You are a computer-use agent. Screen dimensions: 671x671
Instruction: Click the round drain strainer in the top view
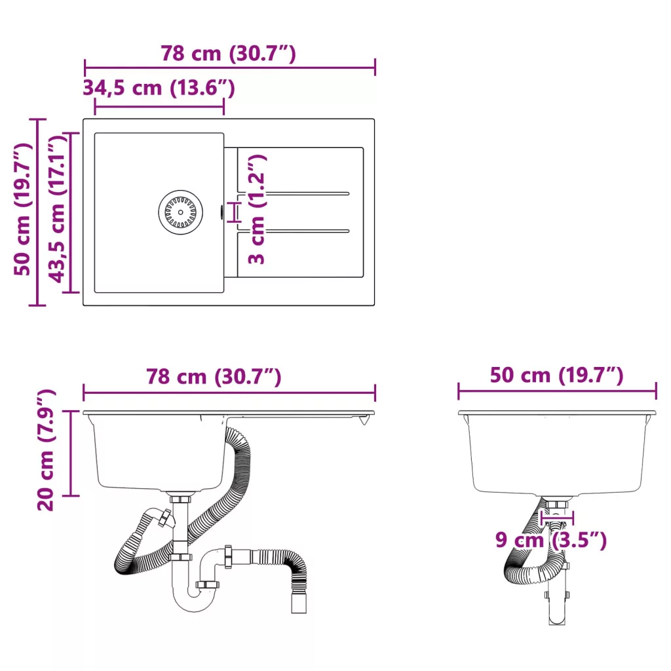[x=180, y=212]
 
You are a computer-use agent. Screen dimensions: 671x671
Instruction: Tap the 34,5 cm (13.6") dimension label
[x=159, y=88]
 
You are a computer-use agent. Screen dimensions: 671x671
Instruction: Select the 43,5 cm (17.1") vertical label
[x=58, y=210]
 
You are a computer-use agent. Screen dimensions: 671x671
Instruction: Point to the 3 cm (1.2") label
[x=257, y=209]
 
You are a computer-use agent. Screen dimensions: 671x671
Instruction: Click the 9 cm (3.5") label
[x=551, y=540]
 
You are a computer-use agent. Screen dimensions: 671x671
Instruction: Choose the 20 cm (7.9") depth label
[x=47, y=450]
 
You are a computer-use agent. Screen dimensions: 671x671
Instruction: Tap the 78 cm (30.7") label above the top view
[x=229, y=54]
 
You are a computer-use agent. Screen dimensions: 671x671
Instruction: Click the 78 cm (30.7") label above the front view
[x=214, y=377]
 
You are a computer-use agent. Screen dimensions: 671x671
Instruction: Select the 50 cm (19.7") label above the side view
[x=557, y=375]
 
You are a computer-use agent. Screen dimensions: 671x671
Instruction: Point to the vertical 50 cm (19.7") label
[x=23, y=210]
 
